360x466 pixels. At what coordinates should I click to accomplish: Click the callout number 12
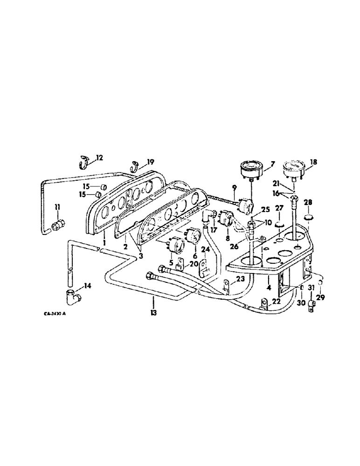point(100,158)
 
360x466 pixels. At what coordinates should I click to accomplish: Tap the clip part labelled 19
point(135,165)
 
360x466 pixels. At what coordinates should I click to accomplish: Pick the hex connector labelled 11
point(58,225)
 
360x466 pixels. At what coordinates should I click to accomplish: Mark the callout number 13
point(153,313)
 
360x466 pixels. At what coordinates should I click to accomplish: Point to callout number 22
point(277,302)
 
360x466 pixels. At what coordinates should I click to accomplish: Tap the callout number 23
point(240,280)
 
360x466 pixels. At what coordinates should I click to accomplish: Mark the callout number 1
point(104,243)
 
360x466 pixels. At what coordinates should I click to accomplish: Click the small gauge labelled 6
point(194,236)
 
